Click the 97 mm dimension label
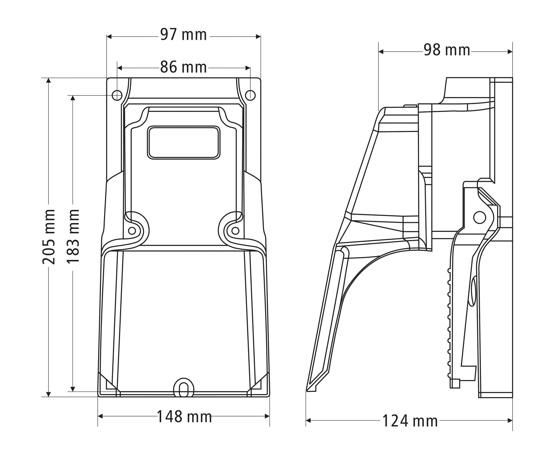pos(183,35)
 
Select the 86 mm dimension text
pos(183,67)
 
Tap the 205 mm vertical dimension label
pos(49,237)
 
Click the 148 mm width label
pos(184,417)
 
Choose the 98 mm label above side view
pos(447,50)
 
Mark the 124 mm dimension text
pos(410,421)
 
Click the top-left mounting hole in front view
pos(117,95)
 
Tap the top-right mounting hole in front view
pos(250,95)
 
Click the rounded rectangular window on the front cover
pos(184,142)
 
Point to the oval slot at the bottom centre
pos(183,388)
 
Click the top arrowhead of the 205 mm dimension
pos(48,80)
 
